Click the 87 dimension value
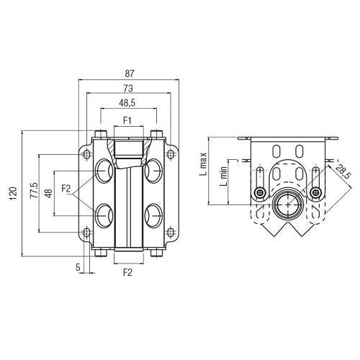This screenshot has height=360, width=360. tap(129, 73)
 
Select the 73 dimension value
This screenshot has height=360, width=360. tap(128, 89)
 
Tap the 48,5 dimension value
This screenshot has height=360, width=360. tap(127, 103)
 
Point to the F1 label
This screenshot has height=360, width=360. tap(127, 120)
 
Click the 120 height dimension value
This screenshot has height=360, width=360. tap(14, 194)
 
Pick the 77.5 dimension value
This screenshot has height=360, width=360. tap(34, 191)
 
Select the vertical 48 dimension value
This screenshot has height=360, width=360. tap(48, 193)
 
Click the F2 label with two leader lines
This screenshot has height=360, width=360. tap(66, 189)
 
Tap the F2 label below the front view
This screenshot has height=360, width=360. tap(127, 272)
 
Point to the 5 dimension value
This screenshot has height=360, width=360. tap(78, 267)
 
